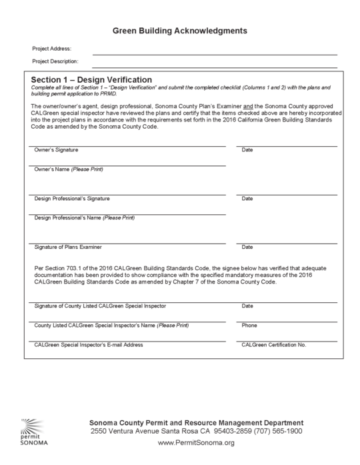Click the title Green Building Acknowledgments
(179, 31)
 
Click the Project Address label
(51, 49)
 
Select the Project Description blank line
(214, 66)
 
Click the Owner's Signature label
(56, 149)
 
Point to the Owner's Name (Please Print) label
(69, 169)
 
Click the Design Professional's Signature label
(72, 198)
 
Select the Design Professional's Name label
(84, 217)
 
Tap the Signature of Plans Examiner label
(68, 247)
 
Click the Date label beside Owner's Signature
(247, 149)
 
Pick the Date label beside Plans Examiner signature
(247, 247)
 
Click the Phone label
(249, 325)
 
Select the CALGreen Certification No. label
(273, 344)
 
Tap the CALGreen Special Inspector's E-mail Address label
(89, 344)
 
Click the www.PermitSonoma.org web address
(196, 443)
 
